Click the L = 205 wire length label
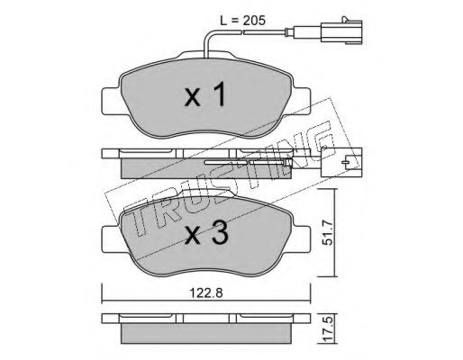[x=242, y=21]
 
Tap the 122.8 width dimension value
[x=206, y=293]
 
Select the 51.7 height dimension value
[x=329, y=232]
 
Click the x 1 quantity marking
[x=205, y=95]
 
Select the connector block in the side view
[x=341, y=162]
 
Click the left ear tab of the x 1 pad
[x=112, y=101]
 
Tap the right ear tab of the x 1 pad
[x=302, y=101]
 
